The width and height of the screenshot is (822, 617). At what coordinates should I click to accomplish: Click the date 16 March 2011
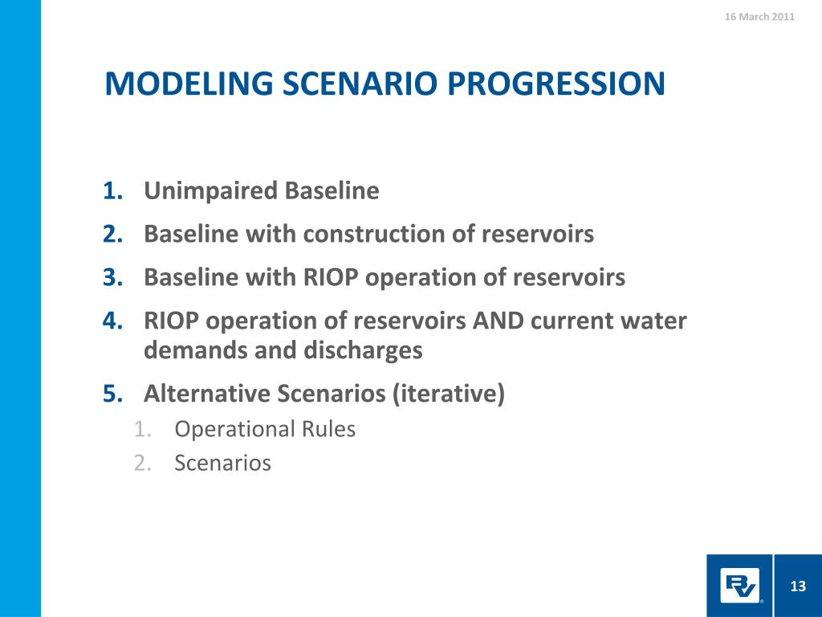(759, 17)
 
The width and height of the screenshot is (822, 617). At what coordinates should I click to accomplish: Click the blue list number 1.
(113, 190)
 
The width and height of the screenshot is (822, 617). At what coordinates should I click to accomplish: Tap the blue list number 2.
(113, 234)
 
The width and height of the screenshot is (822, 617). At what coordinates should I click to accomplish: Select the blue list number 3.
(113, 277)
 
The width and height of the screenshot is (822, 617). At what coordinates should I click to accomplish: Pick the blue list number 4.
(113, 321)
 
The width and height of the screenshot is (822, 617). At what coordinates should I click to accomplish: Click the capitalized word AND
(498, 321)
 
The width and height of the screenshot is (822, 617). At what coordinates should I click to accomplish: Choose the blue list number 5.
(113, 394)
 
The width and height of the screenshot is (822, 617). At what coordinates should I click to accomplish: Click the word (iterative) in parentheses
(449, 394)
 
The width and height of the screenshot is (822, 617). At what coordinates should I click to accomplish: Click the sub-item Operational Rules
(265, 429)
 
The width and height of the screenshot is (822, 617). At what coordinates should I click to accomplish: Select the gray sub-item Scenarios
(223, 464)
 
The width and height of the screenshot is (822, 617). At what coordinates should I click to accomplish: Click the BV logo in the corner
(739, 586)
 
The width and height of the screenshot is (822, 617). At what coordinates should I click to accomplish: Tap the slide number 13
(798, 586)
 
